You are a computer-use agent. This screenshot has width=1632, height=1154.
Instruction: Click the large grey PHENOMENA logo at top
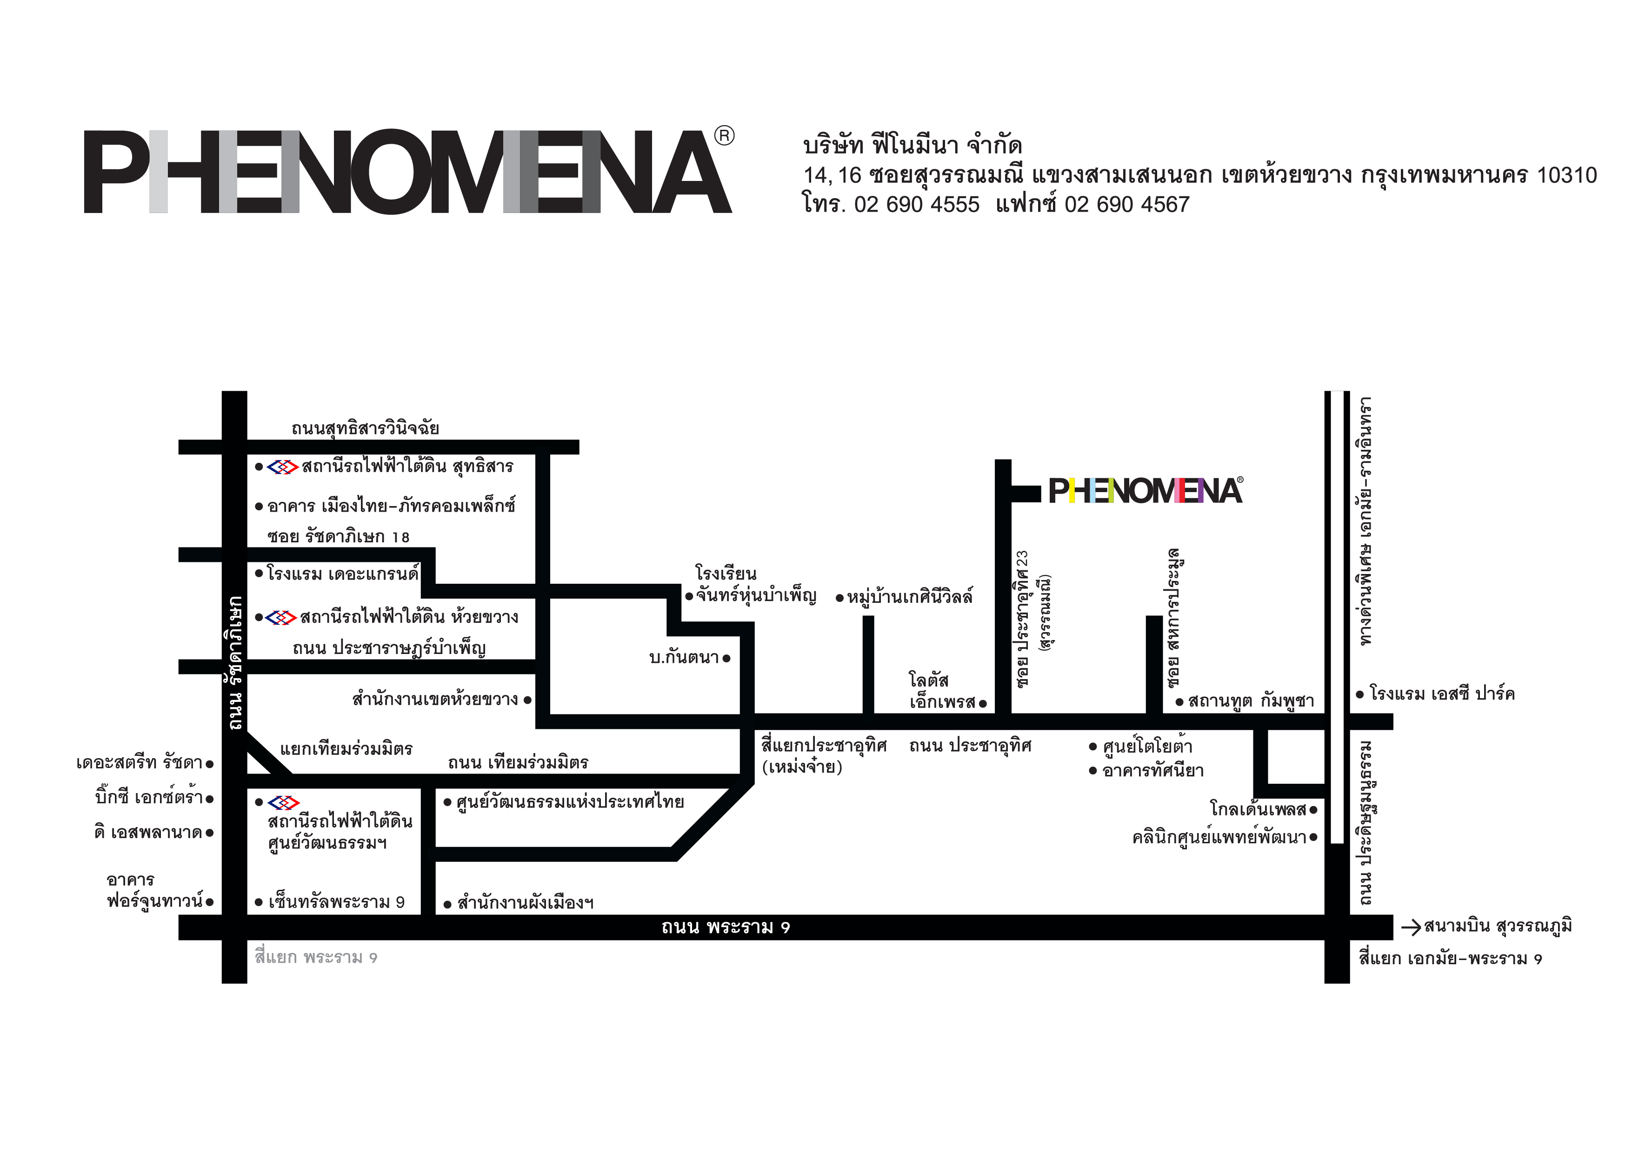(408, 171)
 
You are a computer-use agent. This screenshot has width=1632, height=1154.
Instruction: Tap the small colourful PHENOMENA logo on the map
(1146, 491)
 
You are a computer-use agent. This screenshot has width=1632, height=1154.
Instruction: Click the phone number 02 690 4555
(917, 205)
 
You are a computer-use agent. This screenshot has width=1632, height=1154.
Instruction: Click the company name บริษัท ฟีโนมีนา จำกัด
(913, 145)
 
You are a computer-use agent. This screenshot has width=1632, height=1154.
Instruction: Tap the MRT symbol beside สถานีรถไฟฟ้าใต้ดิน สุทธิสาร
(282, 467)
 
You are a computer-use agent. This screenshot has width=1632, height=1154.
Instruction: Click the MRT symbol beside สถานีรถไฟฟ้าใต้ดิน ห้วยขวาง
(281, 617)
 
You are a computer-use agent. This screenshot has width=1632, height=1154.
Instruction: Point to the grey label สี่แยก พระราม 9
(316, 957)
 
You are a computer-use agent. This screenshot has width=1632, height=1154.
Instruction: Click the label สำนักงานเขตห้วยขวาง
(435, 699)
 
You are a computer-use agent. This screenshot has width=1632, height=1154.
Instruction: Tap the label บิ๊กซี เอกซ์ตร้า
(149, 797)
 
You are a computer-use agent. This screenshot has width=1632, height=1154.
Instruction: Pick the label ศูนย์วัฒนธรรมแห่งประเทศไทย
(570, 802)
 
